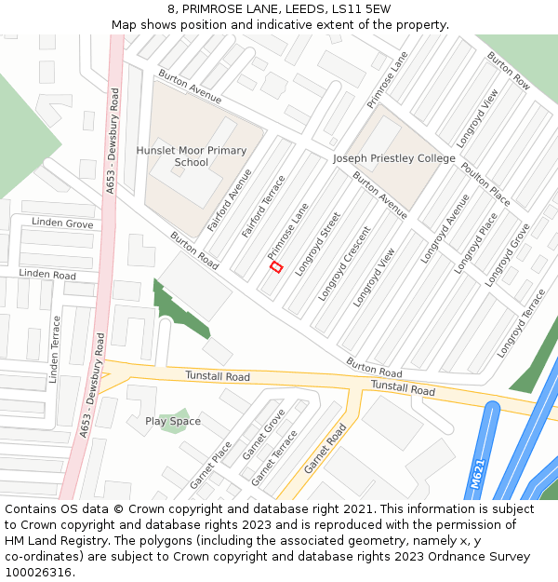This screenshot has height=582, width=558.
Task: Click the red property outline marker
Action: pyautogui.click(x=275, y=267)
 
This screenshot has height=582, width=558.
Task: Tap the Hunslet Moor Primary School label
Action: pyautogui.click(x=192, y=156)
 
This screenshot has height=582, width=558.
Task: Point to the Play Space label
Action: pyautogui.click(x=173, y=421)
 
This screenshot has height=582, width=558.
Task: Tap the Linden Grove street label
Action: pyautogui.click(x=62, y=223)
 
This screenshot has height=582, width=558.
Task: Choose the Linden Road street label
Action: pyautogui.click(x=47, y=275)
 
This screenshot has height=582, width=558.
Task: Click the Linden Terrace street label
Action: pyautogui.click(x=55, y=349)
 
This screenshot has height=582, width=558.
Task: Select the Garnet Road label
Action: pyautogui.click(x=325, y=448)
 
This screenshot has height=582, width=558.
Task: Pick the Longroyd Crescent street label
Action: pyautogui.click(x=344, y=264)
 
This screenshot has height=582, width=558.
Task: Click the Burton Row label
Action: pyautogui.click(x=509, y=71)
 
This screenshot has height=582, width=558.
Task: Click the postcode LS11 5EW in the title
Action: pyautogui.click(x=365, y=9)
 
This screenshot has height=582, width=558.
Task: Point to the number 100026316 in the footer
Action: pyautogui.click(x=37, y=573)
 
